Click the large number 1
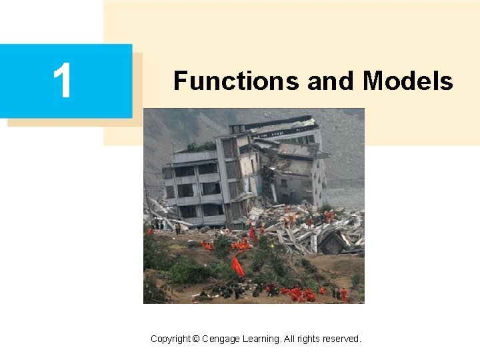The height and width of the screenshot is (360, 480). [63, 81]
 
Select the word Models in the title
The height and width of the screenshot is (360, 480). [408, 81]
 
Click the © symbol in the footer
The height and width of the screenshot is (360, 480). [195, 339]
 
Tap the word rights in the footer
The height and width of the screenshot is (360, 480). [309, 339]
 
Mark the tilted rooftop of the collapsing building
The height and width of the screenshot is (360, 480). [280, 123]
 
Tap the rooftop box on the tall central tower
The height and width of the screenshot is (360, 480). [237, 128]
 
